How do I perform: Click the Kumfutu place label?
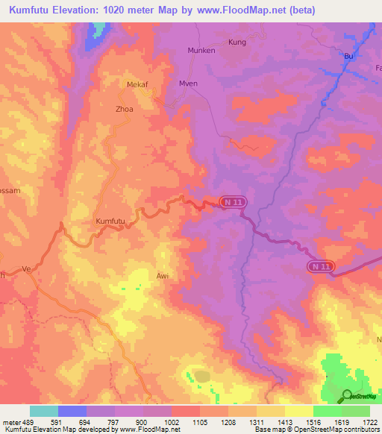(110, 221)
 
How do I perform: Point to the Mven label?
(188, 84)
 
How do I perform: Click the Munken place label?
(201, 51)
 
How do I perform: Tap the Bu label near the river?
(346, 56)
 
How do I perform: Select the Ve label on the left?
(27, 268)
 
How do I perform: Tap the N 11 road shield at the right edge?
(322, 265)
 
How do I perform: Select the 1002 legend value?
(172, 422)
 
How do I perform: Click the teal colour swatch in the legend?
(44, 411)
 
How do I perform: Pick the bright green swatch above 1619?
(327, 411)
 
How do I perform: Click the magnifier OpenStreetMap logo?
(345, 394)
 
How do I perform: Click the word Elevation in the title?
(89, 10)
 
